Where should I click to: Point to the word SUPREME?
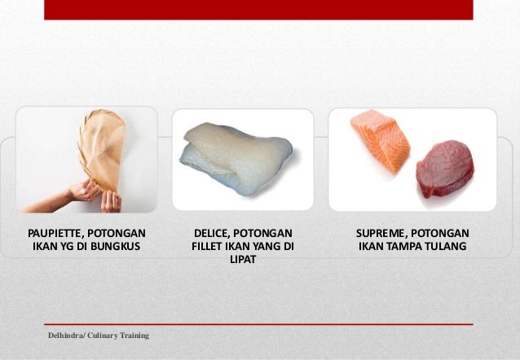coord(381,233)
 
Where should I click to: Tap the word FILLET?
coord(210,247)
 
